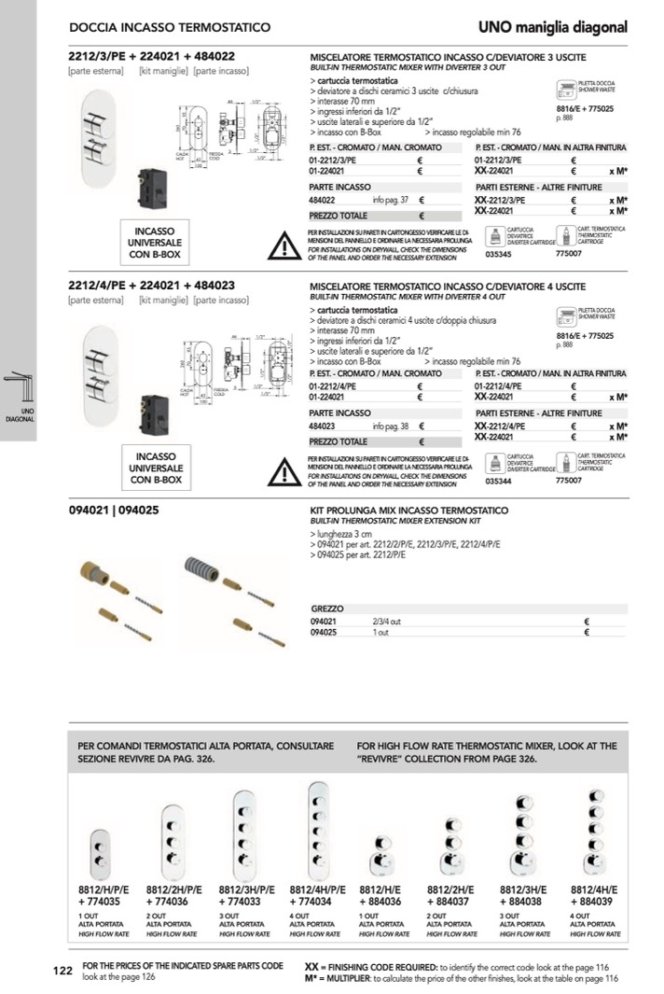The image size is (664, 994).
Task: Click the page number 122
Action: click(x=62, y=972)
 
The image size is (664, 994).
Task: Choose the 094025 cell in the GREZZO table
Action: click(x=323, y=633)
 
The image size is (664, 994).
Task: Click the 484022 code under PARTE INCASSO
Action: click(x=322, y=200)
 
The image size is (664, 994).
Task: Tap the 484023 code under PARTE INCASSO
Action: click(x=323, y=425)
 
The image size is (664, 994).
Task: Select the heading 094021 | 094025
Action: click(x=113, y=511)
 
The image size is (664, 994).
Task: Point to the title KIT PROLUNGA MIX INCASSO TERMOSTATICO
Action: click(x=408, y=511)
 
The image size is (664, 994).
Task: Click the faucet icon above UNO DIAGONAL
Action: click(x=19, y=384)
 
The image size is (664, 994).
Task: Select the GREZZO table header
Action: click(x=327, y=608)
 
